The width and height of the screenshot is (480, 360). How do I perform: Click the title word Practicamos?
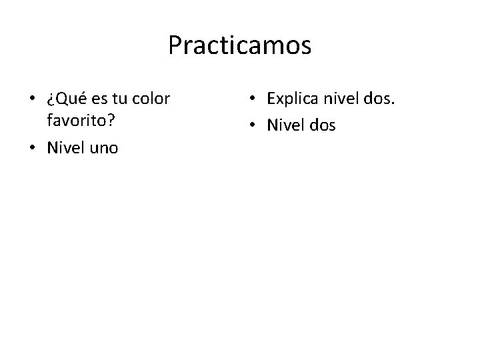click(239, 46)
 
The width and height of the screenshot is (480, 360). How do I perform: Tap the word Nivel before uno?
click(64, 147)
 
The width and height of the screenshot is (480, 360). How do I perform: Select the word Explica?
click(293, 99)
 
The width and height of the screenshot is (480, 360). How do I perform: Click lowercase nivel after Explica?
click(340, 99)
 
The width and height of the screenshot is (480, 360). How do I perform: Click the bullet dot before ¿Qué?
click(33, 100)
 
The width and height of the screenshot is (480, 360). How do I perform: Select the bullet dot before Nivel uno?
click(33, 148)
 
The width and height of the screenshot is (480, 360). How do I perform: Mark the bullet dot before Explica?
click(253, 100)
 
